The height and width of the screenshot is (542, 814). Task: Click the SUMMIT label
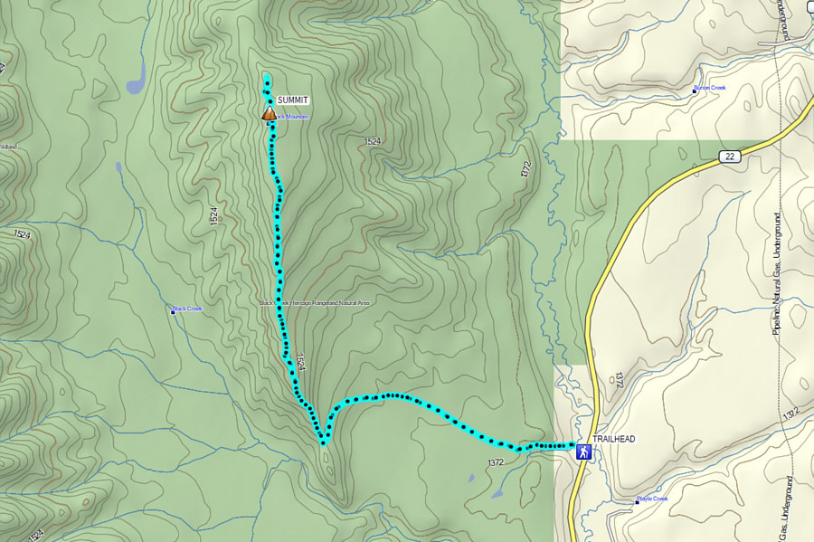pos(293,100)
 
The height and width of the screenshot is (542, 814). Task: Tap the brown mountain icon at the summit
pos(269,113)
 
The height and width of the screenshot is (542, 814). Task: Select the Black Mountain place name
pos(291,117)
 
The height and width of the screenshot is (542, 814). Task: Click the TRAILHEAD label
pos(616,439)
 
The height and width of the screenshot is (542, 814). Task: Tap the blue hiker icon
pos(584,451)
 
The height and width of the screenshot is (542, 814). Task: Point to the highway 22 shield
pos(730,157)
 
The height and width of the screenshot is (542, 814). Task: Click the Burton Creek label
pos(712,88)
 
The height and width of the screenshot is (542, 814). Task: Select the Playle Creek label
pos(653,499)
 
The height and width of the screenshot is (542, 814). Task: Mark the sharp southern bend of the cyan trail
pos(323,442)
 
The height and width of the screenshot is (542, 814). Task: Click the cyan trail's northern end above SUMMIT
pos(267,79)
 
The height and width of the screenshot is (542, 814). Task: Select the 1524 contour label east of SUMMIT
pos(373,142)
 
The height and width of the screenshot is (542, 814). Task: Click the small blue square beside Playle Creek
pos(637,500)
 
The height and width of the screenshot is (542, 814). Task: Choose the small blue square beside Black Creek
pos(173,311)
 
